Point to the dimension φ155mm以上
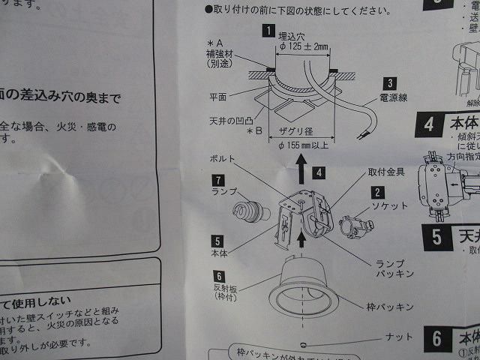[x=301, y=143]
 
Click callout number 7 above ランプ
[x=217, y=180]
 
